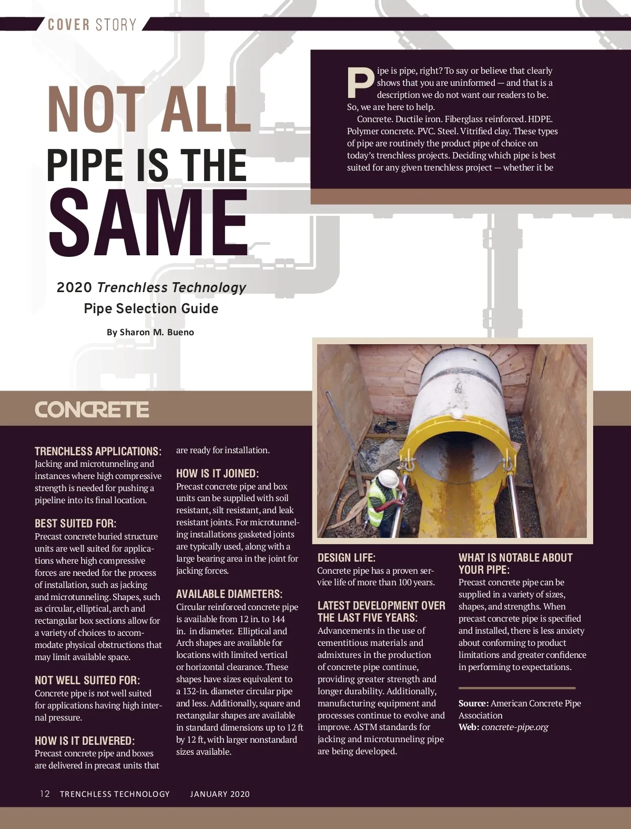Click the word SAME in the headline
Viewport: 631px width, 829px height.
coord(148,223)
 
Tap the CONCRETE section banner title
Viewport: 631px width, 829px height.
coord(92,409)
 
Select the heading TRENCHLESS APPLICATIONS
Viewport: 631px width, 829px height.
coord(98,451)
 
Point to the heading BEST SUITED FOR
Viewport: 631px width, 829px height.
coord(75,523)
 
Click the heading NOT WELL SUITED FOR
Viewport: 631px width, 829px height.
coord(87,680)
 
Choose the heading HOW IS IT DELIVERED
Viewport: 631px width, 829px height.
coord(85,741)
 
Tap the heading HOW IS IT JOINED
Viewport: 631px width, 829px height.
coord(217,473)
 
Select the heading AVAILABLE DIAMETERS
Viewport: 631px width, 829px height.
coord(229,594)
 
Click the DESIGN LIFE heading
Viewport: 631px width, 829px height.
coord(347,557)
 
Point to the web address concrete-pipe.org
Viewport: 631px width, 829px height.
coord(515,727)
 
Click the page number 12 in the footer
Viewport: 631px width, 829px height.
coord(45,794)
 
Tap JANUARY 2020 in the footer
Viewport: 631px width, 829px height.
coord(220,794)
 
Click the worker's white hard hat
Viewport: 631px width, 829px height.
coord(389,478)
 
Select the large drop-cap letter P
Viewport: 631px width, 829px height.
coord(360,83)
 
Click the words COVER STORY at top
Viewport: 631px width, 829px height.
coord(92,25)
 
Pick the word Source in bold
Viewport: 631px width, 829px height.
coord(473,703)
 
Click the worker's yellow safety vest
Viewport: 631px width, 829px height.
coord(380,498)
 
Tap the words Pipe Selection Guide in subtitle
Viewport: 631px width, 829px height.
coord(151,308)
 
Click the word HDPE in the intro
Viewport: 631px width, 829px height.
coord(540,119)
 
